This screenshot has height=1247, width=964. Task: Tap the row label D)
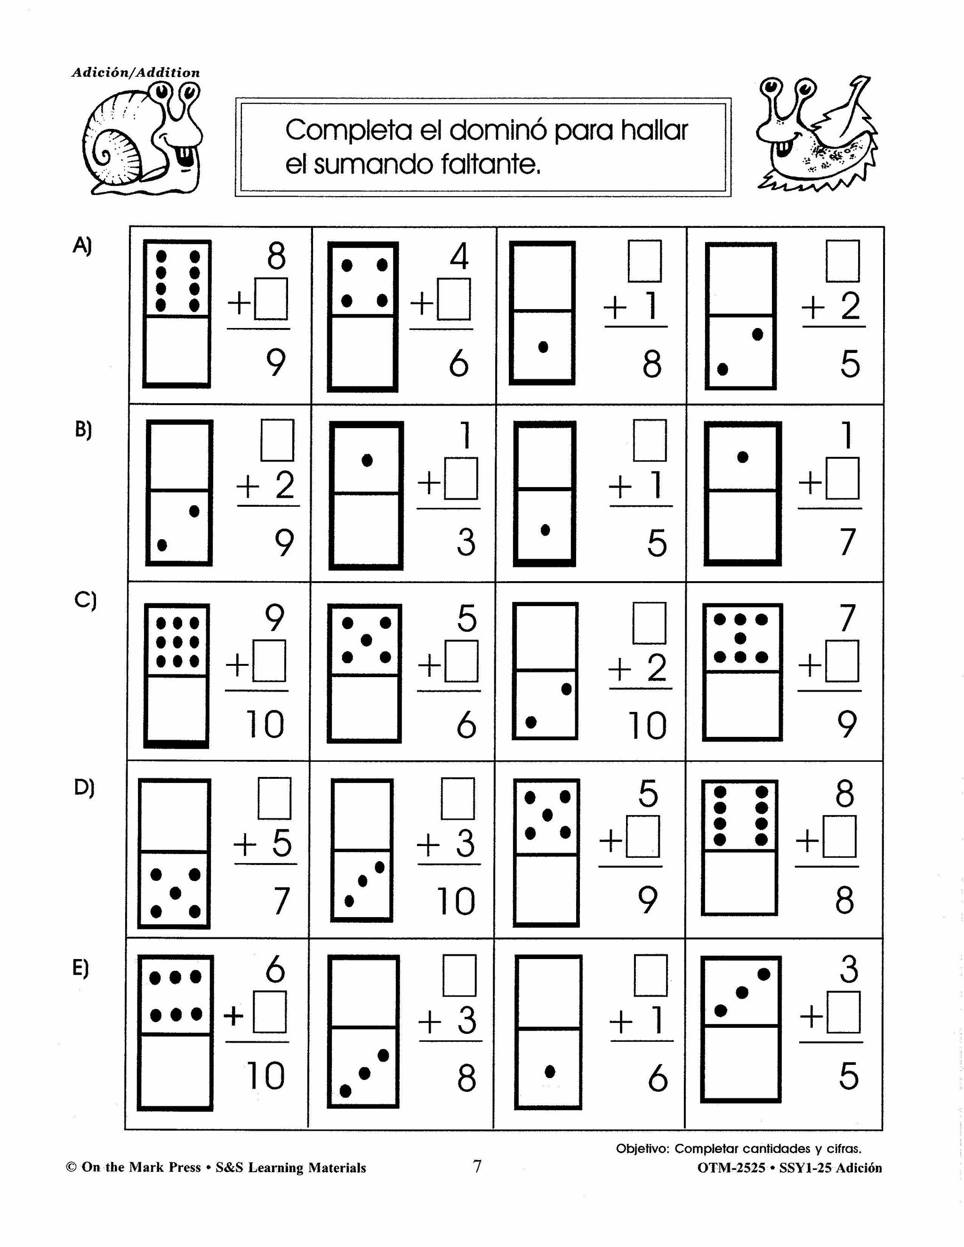84,787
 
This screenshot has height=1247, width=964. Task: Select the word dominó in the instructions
498,131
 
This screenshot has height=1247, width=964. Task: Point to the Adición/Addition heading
136,72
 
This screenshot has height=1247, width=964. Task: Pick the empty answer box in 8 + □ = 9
271,299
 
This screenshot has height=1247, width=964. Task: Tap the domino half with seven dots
741,639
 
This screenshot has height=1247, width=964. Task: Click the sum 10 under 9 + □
265,725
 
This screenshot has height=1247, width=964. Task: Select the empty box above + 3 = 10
458,798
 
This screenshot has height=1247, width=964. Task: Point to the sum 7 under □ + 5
280,902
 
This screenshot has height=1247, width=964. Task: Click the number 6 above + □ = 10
275,969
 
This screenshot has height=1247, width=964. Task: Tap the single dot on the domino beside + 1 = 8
543,347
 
